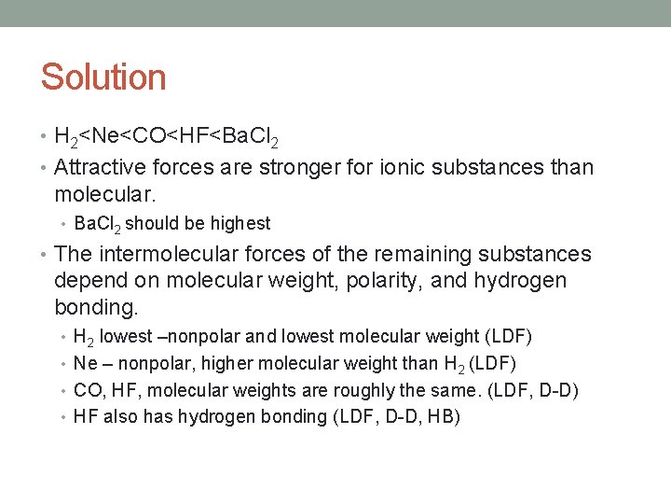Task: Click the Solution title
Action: point(103,77)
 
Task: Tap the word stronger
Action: point(278,168)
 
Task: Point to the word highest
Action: point(240,224)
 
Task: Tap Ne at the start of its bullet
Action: point(84,363)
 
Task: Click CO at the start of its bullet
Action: point(86,390)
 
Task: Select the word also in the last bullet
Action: point(119,417)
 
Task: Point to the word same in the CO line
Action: point(460,390)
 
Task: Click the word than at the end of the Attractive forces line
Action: point(572,168)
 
